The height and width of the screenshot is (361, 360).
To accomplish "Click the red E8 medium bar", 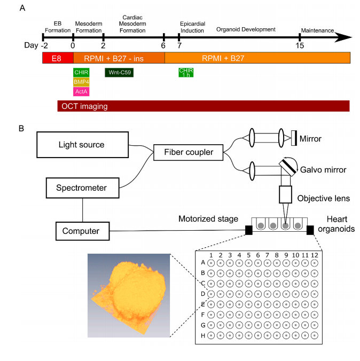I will click(x=58, y=58).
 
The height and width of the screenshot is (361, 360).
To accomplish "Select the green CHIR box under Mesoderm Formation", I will click(x=81, y=72).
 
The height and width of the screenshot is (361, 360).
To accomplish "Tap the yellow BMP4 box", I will click(x=81, y=82).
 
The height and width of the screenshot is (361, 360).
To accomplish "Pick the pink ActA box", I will click(x=81, y=91).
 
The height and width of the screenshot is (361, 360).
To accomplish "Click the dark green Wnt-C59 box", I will click(x=119, y=72).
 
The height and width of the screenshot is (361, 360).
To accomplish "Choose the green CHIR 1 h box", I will click(x=186, y=72).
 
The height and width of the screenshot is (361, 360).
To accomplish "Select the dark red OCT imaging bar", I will click(x=203, y=106).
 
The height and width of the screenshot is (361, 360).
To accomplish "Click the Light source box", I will click(x=81, y=145).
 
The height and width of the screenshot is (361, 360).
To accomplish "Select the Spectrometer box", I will click(x=81, y=187).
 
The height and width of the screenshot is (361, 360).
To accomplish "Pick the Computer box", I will click(x=81, y=231).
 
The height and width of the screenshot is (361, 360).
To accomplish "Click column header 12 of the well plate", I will click(x=314, y=256).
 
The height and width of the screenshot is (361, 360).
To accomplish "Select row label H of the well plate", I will click(x=202, y=335).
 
